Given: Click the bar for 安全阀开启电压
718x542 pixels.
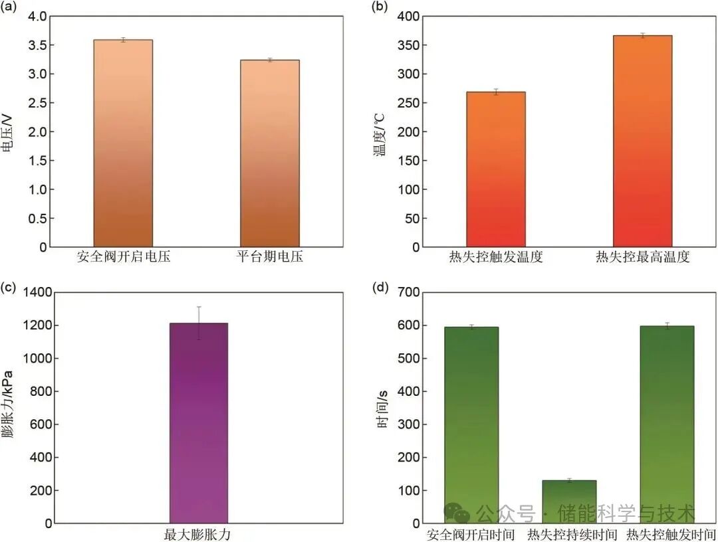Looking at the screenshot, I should click(x=123, y=143).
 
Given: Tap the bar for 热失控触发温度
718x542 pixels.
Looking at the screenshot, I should click(x=496, y=169).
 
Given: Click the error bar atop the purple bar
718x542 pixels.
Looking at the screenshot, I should click(x=199, y=323).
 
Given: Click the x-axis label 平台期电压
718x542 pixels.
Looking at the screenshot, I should click(x=270, y=257).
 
